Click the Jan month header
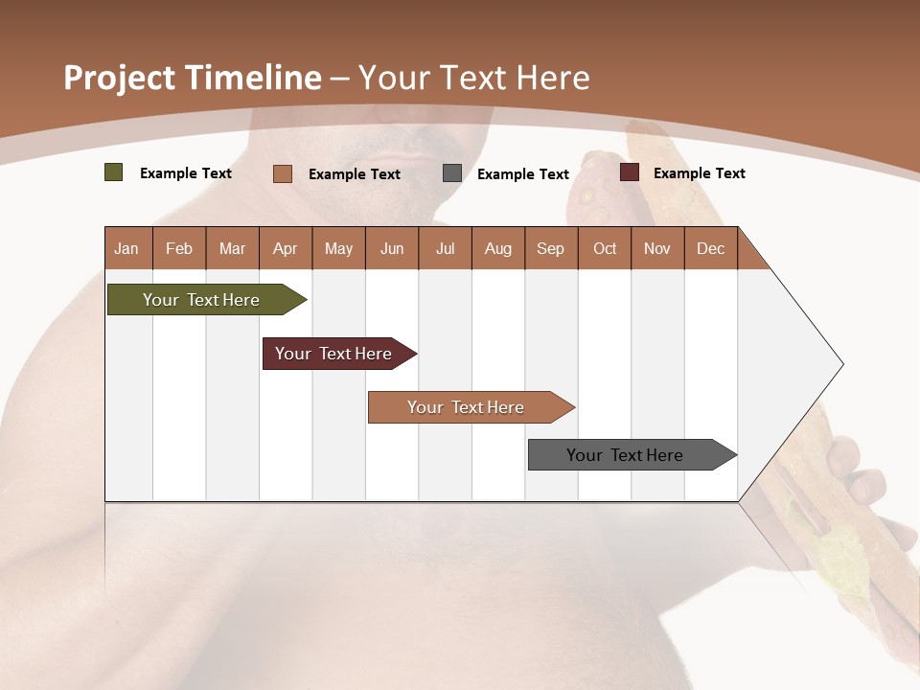click(x=127, y=248)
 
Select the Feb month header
click(x=179, y=248)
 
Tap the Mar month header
click(x=232, y=248)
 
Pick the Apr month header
click(x=286, y=248)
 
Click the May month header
click(x=338, y=248)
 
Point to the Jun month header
click(x=392, y=248)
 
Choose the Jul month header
click(x=445, y=248)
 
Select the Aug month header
click(x=498, y=248)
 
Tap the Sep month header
click(x=551, y=248)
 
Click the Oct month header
click(x=605, y=248)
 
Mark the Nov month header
click(x=657, y=248)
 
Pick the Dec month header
click(x=711, y=248)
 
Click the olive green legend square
click(x=114, y=172)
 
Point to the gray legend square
click(x=452, y=173)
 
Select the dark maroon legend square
click(x=630, y=172)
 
